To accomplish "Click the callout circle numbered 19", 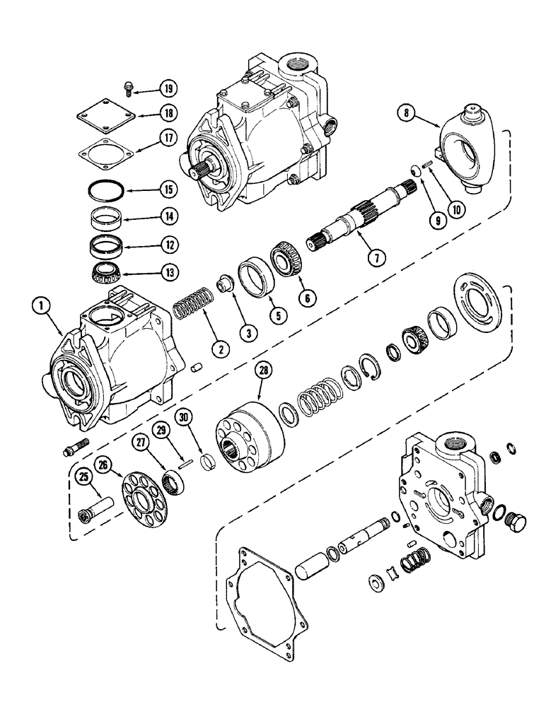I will click(167, 89).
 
